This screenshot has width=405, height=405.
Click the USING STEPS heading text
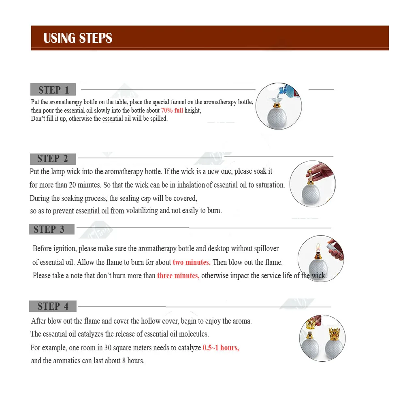pos(78,38)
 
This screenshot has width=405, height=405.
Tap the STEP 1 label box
pos(53,90)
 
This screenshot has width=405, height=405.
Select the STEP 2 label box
pos(53,159)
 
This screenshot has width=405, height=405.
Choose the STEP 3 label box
pos(51,229)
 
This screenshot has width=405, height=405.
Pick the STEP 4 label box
pos(53,306)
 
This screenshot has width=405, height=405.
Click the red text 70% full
pos(172,110)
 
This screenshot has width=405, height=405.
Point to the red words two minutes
pos(192,262)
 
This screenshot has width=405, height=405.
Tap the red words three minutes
pos(178,276)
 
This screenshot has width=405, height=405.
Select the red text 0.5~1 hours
pos(221,348)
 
